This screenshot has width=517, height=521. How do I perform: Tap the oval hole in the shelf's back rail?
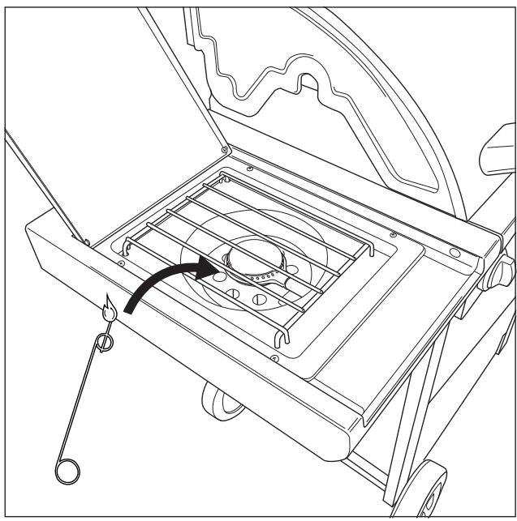coord(453,252)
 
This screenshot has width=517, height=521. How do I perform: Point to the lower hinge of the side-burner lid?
coord(83,238)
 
